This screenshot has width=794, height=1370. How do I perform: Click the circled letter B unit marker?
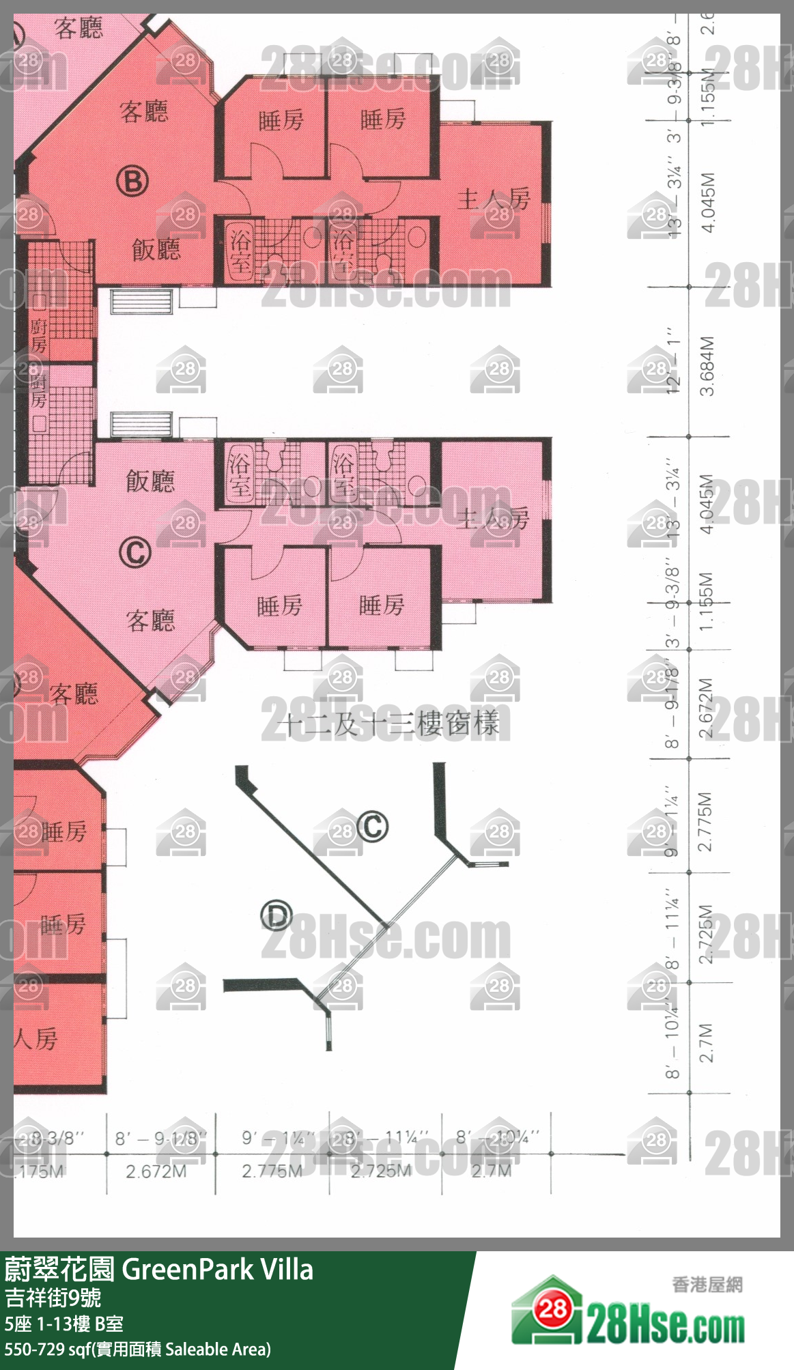point(132,182)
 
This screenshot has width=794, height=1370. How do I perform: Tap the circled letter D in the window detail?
point(277,915)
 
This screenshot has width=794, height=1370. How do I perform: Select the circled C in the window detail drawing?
point(373,826)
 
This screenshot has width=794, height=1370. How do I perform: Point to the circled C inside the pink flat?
point(135,552)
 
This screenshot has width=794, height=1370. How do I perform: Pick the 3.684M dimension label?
point(707,365)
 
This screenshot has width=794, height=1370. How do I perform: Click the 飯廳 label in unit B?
point(156,250)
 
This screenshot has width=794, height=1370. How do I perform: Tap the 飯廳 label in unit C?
point(150,481)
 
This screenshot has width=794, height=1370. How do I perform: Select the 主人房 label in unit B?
point(493,199)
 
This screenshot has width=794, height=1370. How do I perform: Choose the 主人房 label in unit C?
point(493,519)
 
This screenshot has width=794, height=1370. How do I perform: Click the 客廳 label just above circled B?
point(143,111)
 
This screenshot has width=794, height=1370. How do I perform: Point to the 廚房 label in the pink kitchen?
point(38,390)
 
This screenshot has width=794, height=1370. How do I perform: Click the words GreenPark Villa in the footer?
point(217,1270)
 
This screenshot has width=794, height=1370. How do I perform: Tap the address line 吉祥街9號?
point(53,1297)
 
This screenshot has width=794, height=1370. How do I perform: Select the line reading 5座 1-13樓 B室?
point(63,1324)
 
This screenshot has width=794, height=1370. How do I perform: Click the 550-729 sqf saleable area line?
point(137,1350)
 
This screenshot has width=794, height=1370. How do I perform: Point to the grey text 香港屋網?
point(707,1285)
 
